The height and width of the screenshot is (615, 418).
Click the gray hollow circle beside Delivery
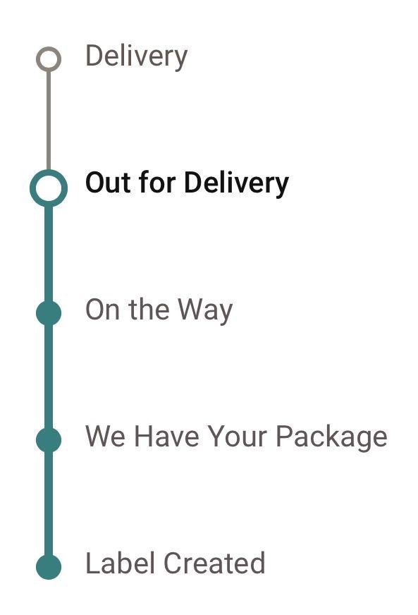(x=49, y=49)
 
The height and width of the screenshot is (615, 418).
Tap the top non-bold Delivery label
(x=137, y=57)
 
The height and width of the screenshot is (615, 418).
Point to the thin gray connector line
(x=49, y=121)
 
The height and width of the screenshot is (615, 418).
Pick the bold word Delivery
(x=236, y=184)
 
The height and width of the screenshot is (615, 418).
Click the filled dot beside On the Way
(x=49, y=313)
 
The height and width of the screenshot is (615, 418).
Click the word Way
(x=205, y=311)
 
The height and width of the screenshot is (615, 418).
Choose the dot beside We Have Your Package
(x=49, y=439)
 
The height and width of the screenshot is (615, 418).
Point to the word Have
(x=167, y=436)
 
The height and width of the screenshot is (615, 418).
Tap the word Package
(x=331, y=438)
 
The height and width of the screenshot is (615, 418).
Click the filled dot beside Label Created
(x=49, y=567)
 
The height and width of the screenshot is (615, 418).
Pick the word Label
(x=120, y=563)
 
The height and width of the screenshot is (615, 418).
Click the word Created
(x=214, y=563)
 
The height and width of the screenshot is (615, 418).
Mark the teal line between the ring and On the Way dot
(x=49, y=254)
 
